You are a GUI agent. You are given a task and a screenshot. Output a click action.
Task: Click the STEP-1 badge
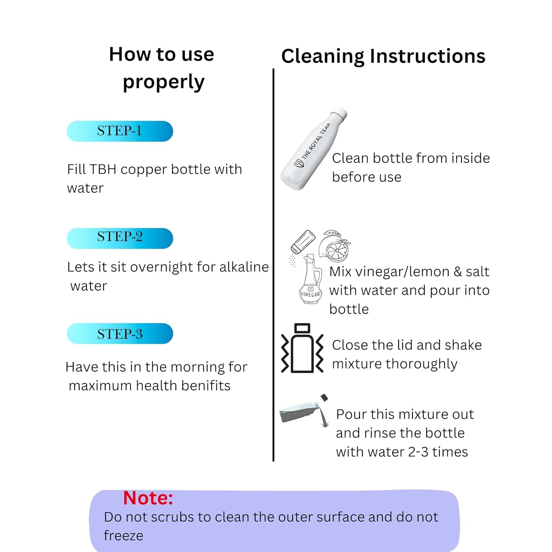(120, 131)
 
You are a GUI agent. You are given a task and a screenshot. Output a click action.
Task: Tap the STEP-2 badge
(120, 238)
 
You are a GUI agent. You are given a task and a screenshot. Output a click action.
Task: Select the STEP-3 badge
(120, 333)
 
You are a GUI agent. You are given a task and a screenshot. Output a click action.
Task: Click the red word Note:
(148, 498)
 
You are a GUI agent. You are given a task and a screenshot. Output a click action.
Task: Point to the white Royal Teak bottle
(314, 149)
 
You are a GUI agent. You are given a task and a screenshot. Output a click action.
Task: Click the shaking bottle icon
(302, 348)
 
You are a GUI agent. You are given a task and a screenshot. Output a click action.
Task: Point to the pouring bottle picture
(304, 410)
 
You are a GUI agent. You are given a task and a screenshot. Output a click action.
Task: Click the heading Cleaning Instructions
(383, 56)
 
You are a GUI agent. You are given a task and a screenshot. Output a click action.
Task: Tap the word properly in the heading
(163, 82)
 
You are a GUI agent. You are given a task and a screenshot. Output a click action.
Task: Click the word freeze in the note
(123, 535)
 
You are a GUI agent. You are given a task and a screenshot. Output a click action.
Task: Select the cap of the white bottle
(339, 113)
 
